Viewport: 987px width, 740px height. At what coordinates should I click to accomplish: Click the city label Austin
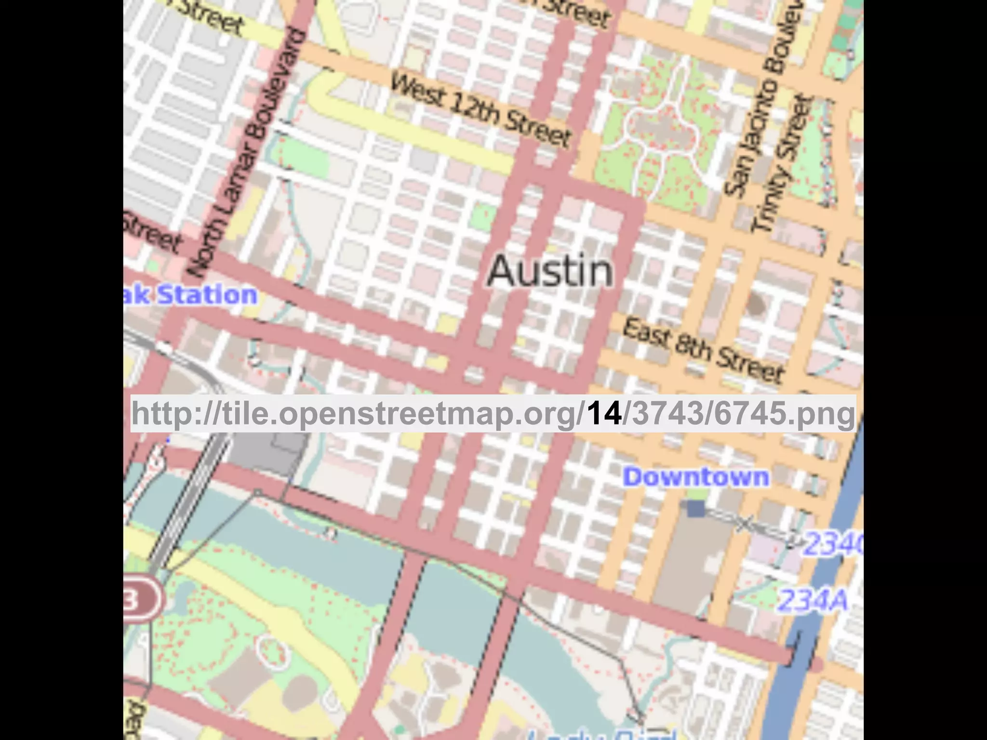click(550, 271)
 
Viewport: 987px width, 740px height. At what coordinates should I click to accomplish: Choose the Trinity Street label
click(783, 164)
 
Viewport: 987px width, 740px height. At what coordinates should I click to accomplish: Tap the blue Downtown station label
click(696, 477)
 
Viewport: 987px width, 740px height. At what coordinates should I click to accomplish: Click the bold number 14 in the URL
click(604, 413)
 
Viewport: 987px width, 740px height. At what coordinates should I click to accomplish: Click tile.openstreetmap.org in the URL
click(400, 413)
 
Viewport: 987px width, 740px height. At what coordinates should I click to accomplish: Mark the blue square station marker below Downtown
click(695, 509)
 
